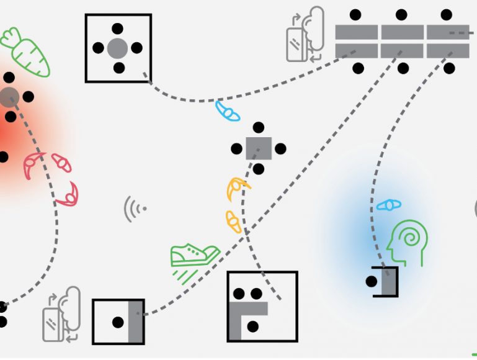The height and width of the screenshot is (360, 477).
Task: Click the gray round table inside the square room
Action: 118,48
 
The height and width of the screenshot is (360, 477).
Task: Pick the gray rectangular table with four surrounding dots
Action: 259,148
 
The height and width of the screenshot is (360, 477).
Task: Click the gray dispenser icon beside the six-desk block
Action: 305,35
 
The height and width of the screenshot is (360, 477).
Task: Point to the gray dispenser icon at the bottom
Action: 62,315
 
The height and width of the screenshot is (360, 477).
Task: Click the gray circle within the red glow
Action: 9,96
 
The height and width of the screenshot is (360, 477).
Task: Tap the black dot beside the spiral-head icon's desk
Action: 372,282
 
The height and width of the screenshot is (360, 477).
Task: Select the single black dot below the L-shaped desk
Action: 252,325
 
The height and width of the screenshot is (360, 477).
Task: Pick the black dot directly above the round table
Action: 118,27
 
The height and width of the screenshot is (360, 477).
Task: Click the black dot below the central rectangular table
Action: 259,169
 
